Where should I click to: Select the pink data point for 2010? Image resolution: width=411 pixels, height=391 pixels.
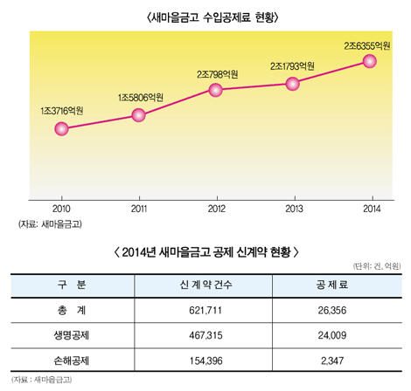pyautogui.click(x=61, y=129)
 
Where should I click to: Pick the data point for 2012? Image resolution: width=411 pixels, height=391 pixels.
pyautogui.click(x=216, y=90)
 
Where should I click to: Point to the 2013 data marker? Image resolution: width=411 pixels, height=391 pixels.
pyautogui.click(x=293, y=83)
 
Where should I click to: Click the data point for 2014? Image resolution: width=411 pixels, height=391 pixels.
pyautogui.click(x=369, y=60)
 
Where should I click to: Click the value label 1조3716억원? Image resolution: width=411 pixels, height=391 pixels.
pyautogui.click(x=61, y=110)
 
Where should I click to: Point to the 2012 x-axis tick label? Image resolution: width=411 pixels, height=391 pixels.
pyautogui.click(x=216, y=209)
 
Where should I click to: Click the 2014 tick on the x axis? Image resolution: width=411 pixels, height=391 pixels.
pyautogui.click(x=369, y=209)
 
